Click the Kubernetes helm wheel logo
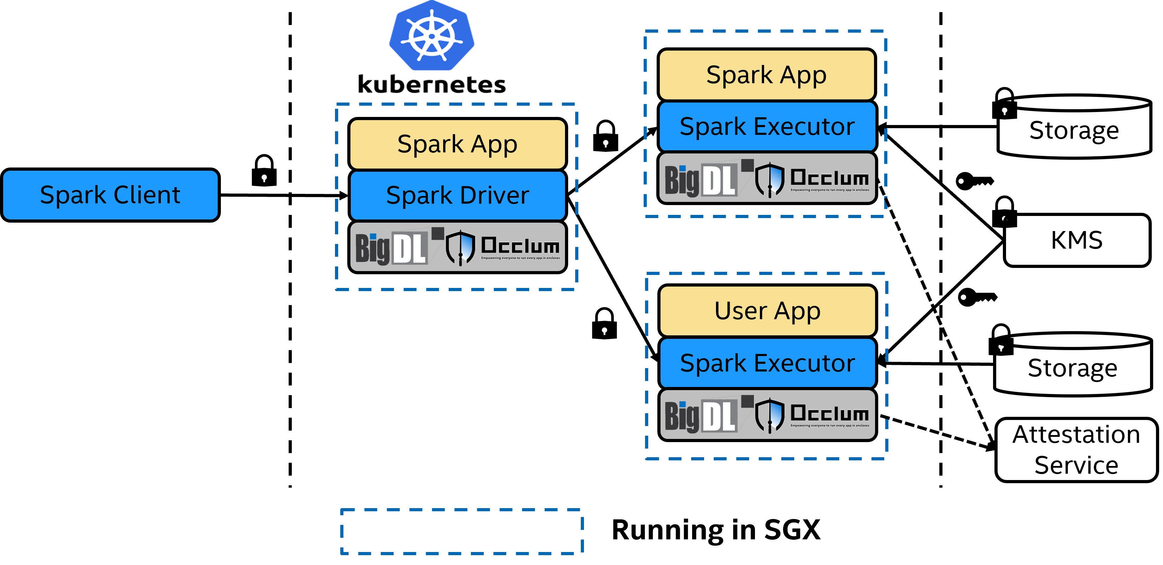432,36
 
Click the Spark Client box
110,195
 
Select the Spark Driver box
457,196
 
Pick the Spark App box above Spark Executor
767,75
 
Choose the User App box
768,311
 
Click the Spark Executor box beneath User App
768,363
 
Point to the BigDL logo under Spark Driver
391,248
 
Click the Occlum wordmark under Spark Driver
520,246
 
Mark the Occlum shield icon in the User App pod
770,415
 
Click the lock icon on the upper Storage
1005,111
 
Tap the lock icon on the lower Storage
1001,348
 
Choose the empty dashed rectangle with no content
461,531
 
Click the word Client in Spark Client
147,195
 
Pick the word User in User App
741,311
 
